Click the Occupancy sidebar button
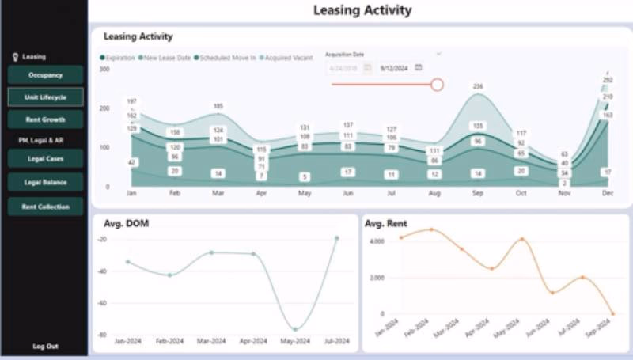pyautogui.click(x=45, y=75)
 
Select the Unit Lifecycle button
pyautogui.click(x=45, y=97)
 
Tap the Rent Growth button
pyautogui.click(x=45, y=119)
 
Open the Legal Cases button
pyautogui.click(x=45, y=159)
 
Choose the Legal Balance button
pyautogui.click(x=45, y=183)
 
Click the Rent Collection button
pyautogui.click(x=45, y=207)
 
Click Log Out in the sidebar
pyautogui.click(x=45, y=347)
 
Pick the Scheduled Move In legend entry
pyautogui.click(x=227, y=58)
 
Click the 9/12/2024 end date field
pyautogui.click(x=395, y=68)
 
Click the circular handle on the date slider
pyautogui.click(x=437, y=84)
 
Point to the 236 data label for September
pyautogui.click(x=478, y=86)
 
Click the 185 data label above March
pyautogui.click(x=218, y=106)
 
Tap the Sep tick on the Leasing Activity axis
pyautogui.click(x=478, y=192)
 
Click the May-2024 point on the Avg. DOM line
pyautogui.click(x=295, y=329)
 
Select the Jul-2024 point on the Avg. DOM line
pyautogui.click(x=337, y=237)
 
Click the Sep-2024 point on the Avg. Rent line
pyautogui.click(x=612, y=314)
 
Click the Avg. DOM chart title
pyautogui.click(x=127, y=223)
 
